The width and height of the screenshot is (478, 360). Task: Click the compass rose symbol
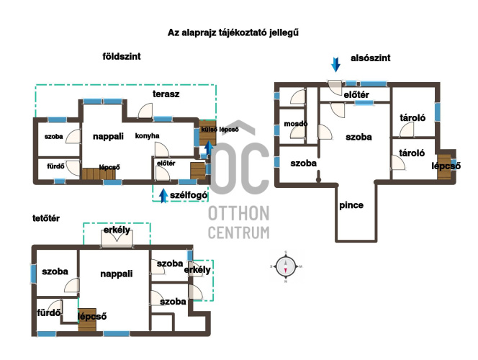[286, 266]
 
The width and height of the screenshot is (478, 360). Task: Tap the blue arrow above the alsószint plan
[335, 65]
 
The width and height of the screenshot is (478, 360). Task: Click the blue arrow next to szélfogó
[163, 196]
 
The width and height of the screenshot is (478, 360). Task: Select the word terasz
[166, 94]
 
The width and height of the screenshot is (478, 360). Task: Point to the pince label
[351, 205]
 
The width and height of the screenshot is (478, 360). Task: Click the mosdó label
[295, 124]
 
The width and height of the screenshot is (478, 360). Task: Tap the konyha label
[148, 136]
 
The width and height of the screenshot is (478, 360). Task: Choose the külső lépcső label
[220, 130]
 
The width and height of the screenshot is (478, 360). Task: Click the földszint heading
[122, 56]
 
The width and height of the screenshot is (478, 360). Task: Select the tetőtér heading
[46, 218]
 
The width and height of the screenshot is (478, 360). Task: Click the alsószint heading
[371, 58]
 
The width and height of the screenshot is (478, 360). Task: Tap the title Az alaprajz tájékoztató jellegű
[233, 32]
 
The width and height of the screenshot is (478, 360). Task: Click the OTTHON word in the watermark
[239, 213]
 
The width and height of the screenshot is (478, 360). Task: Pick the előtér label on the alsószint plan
[356, 95]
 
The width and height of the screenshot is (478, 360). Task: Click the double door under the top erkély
[117, 239]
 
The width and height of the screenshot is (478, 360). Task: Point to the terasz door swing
[145, 110]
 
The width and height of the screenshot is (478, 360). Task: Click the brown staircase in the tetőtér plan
[87, 320]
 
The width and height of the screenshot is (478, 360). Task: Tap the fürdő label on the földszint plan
[55, 166]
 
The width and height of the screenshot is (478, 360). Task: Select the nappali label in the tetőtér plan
[117, 274]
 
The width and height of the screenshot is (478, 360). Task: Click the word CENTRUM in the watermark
[239, 233]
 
